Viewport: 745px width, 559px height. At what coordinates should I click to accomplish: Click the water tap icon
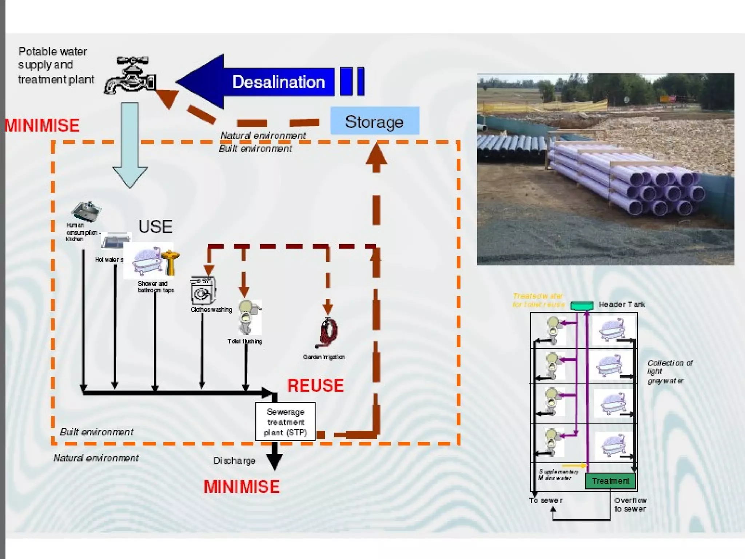click(x=130, y=76)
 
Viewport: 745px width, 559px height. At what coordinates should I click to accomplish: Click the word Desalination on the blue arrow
click(x=278, y=82)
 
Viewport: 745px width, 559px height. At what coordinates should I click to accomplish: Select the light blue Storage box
click(x=375, y=121)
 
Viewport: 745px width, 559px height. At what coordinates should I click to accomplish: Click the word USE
click(x=155, y=226)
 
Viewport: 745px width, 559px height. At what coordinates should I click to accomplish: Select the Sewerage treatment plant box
click(x=286, y=422)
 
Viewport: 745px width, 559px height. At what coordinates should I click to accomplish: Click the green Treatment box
click(x=610, y=481)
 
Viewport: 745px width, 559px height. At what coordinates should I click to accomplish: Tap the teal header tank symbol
click(x=582, y=305)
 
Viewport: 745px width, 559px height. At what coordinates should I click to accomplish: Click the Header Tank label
click(x=622, y=304)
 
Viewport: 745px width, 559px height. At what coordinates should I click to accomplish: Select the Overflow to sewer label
click(x=630, y=504)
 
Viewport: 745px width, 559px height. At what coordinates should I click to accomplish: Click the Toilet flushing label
click(x=244, y=341)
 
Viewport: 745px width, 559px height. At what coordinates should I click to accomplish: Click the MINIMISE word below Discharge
click(x=242, y=487)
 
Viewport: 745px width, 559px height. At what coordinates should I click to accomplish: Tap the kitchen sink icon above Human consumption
click(x=86, y=211)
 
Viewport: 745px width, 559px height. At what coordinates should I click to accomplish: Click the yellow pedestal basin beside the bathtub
click(x=170, y=261)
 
